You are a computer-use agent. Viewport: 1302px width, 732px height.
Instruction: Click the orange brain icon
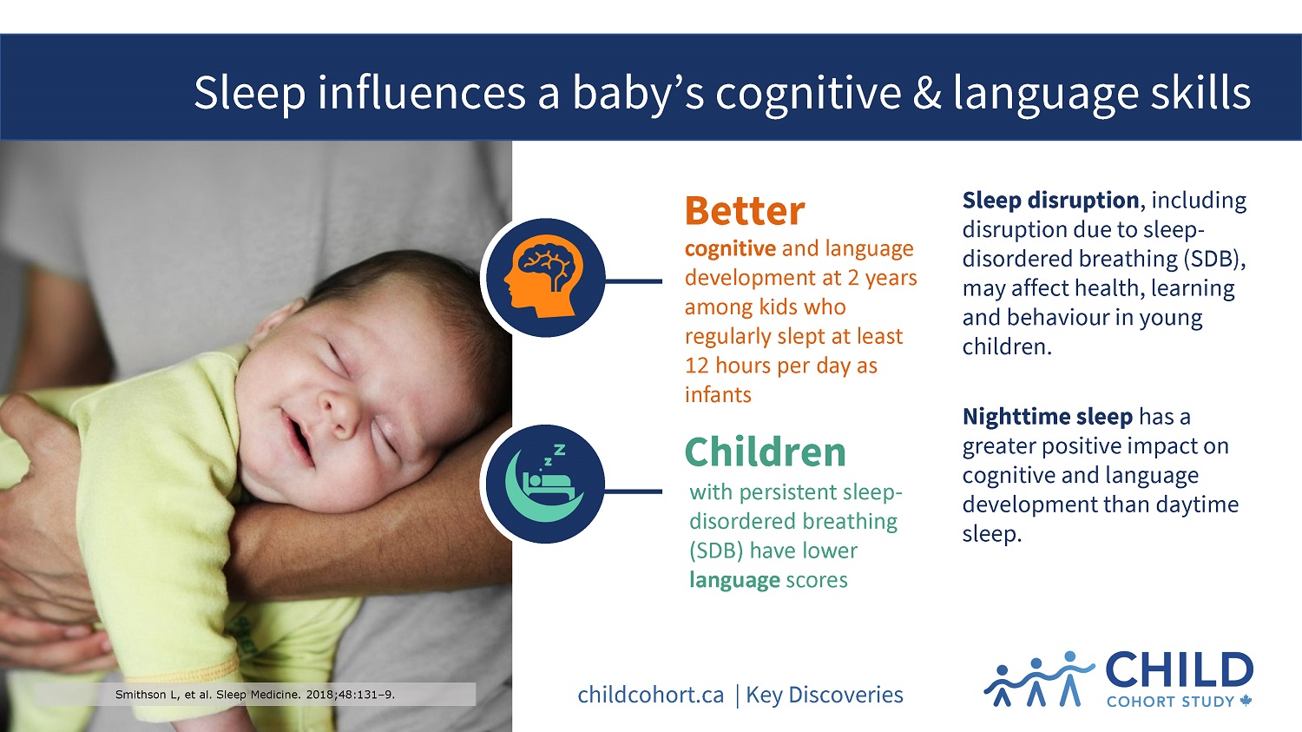(543, 277)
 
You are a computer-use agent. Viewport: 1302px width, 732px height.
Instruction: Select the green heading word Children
(765, 452)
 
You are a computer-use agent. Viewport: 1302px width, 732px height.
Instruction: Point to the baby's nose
(339, 411)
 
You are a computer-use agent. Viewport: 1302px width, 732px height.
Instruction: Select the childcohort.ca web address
(651, 695)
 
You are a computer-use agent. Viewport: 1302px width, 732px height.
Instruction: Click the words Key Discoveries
(825, 695)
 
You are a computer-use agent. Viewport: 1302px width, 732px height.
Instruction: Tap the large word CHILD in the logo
(1180, 670)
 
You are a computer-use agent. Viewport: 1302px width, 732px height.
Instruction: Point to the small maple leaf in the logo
(1246, 701)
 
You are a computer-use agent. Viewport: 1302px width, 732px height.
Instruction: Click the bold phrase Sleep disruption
(1050, 200)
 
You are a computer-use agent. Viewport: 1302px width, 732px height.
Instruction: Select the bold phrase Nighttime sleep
(1048, 416)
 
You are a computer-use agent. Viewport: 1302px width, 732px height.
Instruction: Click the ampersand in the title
(926, 93)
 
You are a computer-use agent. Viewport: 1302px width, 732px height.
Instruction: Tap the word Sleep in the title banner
(250, 93)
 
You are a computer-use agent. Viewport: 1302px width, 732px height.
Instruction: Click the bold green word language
(734, 580)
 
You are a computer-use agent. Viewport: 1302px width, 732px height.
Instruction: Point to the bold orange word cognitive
(730, 249)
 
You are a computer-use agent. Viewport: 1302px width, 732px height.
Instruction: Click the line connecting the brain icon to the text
(634, 281)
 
